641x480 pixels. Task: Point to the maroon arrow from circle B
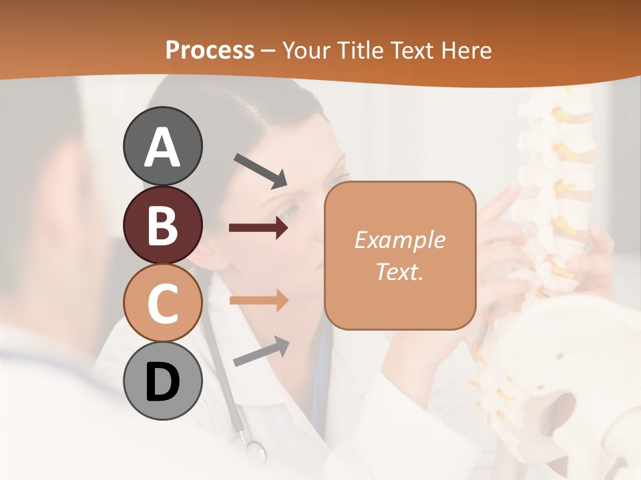coord(258,228)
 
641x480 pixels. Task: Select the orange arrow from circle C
coord(258,301)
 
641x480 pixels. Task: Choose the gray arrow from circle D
coord(261,351)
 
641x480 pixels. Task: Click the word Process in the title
coord(210,50)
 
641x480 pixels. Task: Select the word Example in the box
coord(399,240)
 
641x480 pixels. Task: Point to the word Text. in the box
coord(399,271)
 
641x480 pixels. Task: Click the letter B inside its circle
coord(162,225)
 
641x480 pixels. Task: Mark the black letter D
coord(162,383)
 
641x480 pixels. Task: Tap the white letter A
coord(162,147)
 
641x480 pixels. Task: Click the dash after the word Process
coord(268,51)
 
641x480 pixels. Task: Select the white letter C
coord(162,303)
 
